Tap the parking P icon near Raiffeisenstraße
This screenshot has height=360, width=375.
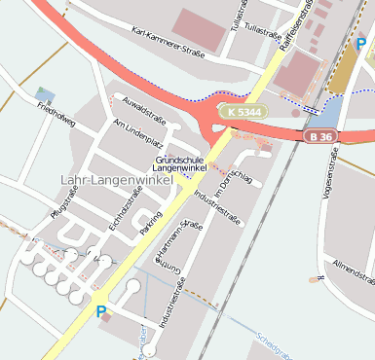pyautogui.click(x=360, y=45)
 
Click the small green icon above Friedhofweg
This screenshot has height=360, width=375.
pyautogui.click(x=41, y=92)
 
